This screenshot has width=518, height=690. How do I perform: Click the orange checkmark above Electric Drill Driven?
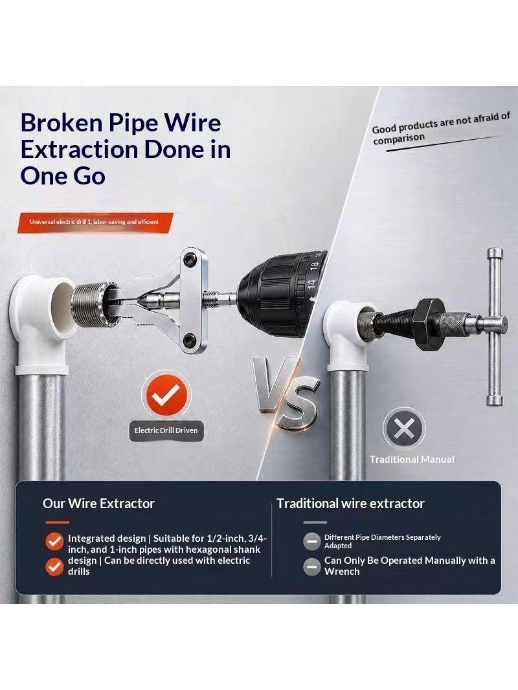tap(166, 394)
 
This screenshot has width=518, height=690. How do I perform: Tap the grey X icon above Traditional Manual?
tap(403, 428)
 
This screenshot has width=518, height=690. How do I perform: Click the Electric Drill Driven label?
tap(166, 430)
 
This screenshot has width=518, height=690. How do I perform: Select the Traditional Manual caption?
tap(412, 460)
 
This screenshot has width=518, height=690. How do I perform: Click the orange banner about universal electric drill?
tap(95, 222)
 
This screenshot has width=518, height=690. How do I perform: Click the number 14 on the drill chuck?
tap(311, 285)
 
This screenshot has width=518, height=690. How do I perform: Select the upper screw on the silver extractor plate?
tap(190, 259)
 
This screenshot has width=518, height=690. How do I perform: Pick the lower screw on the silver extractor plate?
tap(190, 339)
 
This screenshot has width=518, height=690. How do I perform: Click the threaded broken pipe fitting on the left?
tap(88, 305)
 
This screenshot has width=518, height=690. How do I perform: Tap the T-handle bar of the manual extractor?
tap(495, 326)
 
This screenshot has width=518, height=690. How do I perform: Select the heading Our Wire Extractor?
tap(98, 504)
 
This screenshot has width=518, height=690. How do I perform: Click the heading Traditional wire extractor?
tap(350, 504)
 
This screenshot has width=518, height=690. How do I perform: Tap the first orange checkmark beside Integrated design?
tap(54, 541)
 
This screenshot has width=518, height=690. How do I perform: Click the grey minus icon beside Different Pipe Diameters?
tap(311, 541)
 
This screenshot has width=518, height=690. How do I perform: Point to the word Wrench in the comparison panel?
tap(342, 572)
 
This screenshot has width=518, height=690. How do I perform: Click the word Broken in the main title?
tap(61, 122)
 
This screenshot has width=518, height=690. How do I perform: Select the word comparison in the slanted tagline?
tap(399, 138)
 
